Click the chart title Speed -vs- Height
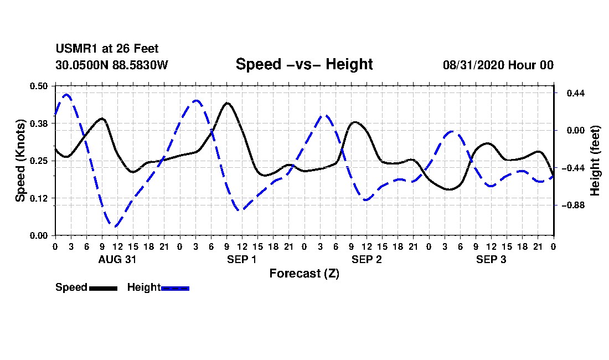(304, 64)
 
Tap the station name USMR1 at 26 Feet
(107, 49)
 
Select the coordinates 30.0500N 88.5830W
(111, 65)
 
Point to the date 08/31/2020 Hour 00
(498, 65)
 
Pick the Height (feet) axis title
(595, 161)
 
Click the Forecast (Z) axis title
(304, 274)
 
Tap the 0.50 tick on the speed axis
(39, 86)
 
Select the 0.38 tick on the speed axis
(39, 124)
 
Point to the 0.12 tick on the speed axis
(39, 198)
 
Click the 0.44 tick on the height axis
(576, 93)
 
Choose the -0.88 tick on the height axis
(573, 205)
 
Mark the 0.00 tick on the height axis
(576, 131)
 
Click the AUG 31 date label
(117, 259)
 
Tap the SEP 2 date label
(367, 259)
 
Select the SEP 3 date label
(491, 259)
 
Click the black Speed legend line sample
(104, 288)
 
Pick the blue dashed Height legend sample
(175, 288)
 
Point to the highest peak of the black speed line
(227, 103)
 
